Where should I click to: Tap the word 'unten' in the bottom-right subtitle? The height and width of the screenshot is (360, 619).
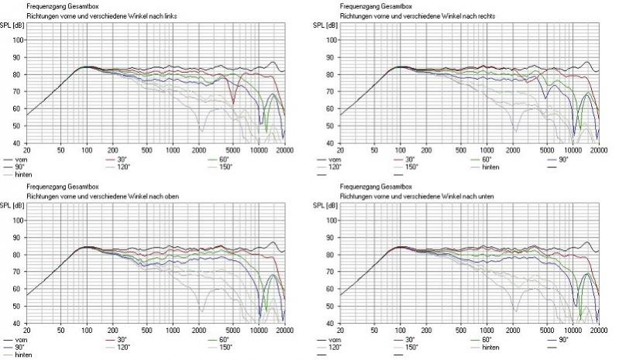[485, 196]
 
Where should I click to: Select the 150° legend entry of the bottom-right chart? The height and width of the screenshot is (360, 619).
[412, 347]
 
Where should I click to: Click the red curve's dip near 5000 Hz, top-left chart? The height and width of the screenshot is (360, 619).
[233, 101]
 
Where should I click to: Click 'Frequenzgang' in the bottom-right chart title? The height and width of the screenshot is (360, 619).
[359, 187]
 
